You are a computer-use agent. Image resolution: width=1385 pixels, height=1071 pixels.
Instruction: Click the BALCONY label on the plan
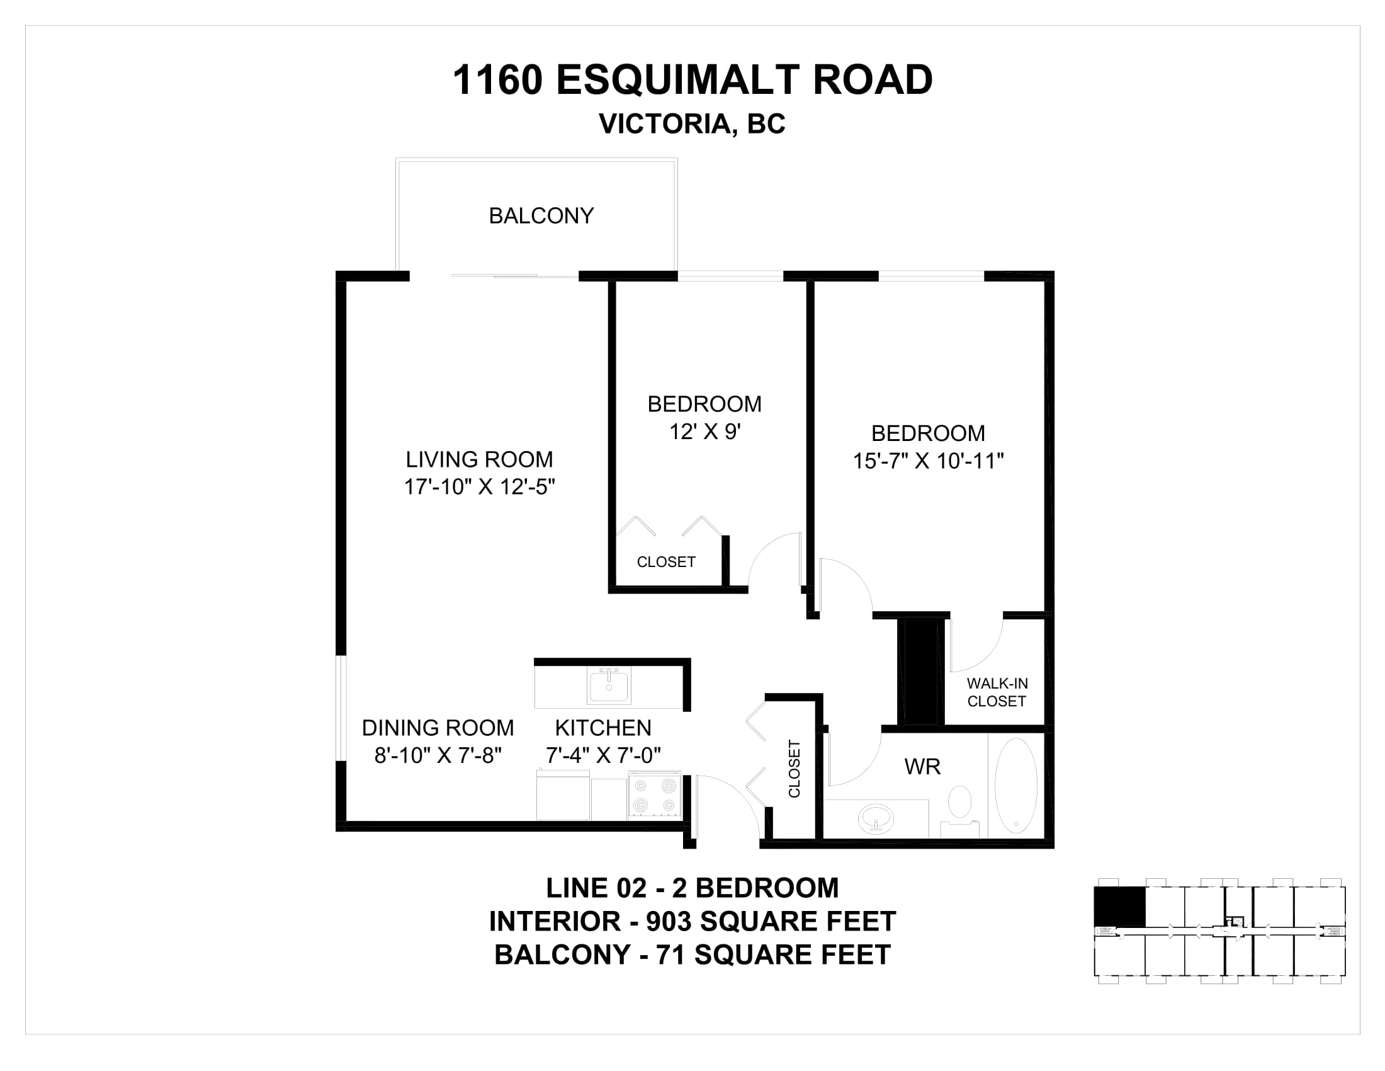(541, 215)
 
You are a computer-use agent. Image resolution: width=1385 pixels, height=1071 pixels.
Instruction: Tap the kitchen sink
(609, 687)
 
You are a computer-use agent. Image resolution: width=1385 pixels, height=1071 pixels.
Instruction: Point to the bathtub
(1016, 786)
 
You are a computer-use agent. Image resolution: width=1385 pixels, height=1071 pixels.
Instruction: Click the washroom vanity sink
(876, 818)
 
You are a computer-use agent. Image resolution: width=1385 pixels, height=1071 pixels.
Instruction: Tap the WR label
(922, 767)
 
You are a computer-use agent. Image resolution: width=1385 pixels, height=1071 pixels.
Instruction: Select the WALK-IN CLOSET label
(997, 692)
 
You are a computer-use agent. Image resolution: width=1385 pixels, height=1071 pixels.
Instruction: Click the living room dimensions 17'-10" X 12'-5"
(480, 486)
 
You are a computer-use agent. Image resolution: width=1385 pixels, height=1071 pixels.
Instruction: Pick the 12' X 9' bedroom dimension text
(705, 432)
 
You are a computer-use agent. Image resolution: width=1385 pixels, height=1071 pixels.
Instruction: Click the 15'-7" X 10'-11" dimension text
(928, 461)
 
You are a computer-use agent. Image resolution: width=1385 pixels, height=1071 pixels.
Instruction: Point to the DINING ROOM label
(438, 728)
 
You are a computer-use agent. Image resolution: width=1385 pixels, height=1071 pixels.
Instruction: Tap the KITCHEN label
(603, 728)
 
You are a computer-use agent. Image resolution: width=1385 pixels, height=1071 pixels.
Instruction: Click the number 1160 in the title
(498, 80)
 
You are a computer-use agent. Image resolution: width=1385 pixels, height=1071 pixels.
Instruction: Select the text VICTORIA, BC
(692, 123)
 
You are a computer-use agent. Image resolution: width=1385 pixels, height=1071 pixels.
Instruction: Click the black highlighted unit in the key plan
(1120, 907)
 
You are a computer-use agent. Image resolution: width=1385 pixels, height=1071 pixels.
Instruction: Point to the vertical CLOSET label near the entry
(794, 769)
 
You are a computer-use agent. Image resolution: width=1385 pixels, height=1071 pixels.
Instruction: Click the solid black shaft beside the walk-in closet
(920, 672)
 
